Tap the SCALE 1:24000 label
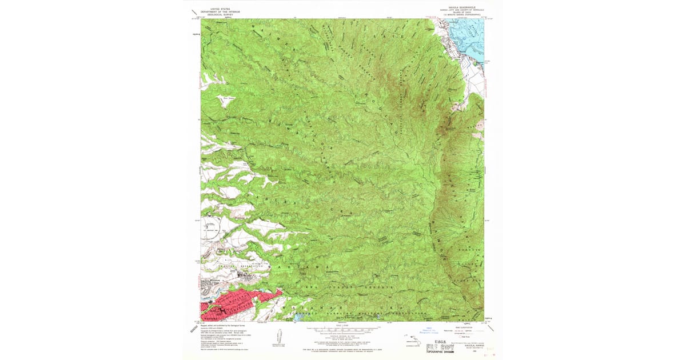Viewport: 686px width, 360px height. (343, 326)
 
